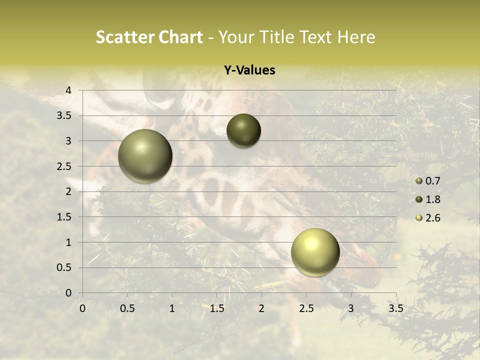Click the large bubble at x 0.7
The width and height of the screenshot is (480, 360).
(x=145, y=156)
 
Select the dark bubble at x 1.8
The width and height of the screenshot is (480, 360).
(x=243, y=131)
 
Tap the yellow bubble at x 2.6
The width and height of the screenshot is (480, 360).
(x=315, y=252)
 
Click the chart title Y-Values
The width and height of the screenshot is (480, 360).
(x=249, y=70)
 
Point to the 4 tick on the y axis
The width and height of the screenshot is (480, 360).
(x=69, y=90)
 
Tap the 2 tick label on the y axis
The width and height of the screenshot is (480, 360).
(x=69, y=191)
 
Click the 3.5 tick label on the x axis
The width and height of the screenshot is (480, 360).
(x=395, y=308)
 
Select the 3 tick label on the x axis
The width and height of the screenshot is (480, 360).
(x=351, y=308)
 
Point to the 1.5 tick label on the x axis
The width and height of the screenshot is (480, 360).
(x=216, y=308)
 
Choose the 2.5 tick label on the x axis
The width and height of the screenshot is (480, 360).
(x=306, y=308)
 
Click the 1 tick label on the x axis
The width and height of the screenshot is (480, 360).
(x=172, y=308)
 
